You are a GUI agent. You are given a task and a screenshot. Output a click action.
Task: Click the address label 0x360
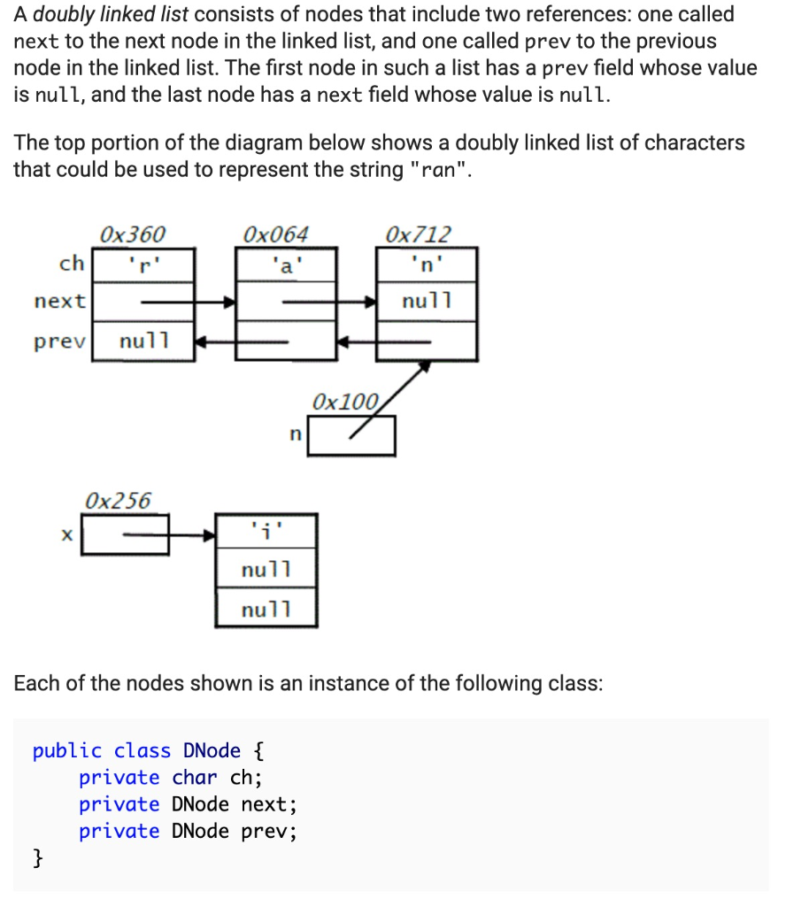coord(132,234)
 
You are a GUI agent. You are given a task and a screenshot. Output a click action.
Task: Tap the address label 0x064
coord(275,234)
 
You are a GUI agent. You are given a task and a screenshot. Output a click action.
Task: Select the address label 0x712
coord(419,234)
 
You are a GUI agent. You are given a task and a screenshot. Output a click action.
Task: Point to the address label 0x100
coord(344,402)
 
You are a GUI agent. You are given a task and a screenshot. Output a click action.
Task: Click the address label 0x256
coord(118,500)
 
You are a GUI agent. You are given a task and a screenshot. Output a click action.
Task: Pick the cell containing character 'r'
coord(143,265)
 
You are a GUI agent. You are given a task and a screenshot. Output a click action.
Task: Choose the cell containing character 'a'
coord(286,265)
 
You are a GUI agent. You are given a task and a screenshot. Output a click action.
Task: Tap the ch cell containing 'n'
coord(427,265)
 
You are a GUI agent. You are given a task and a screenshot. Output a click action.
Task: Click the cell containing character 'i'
coord(266,532)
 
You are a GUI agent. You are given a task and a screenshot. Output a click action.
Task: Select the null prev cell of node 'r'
coord(143,341)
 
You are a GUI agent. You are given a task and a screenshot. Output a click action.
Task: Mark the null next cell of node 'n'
coord(427,302)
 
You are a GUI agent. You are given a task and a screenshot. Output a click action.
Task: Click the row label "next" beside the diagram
coord(59,302)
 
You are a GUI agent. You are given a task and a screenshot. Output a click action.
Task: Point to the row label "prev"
coord(59,341)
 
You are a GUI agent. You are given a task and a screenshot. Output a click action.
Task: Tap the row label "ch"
coord(71,264)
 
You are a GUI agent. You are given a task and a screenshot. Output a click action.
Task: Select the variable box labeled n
coord(351,435)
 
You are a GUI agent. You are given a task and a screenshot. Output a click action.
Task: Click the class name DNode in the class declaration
coord(212,751)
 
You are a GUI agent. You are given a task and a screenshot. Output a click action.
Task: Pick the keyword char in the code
coord(194,778)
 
